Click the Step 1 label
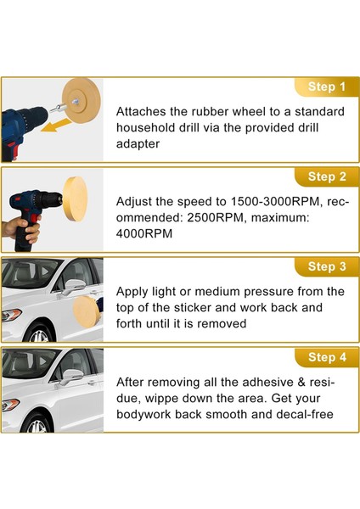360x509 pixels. pos(326,87)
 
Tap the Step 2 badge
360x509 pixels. pos(326,176)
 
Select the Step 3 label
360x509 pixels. pos(326,266)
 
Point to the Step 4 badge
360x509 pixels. pos(326,357)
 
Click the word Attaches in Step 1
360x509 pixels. pos(143,111)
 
